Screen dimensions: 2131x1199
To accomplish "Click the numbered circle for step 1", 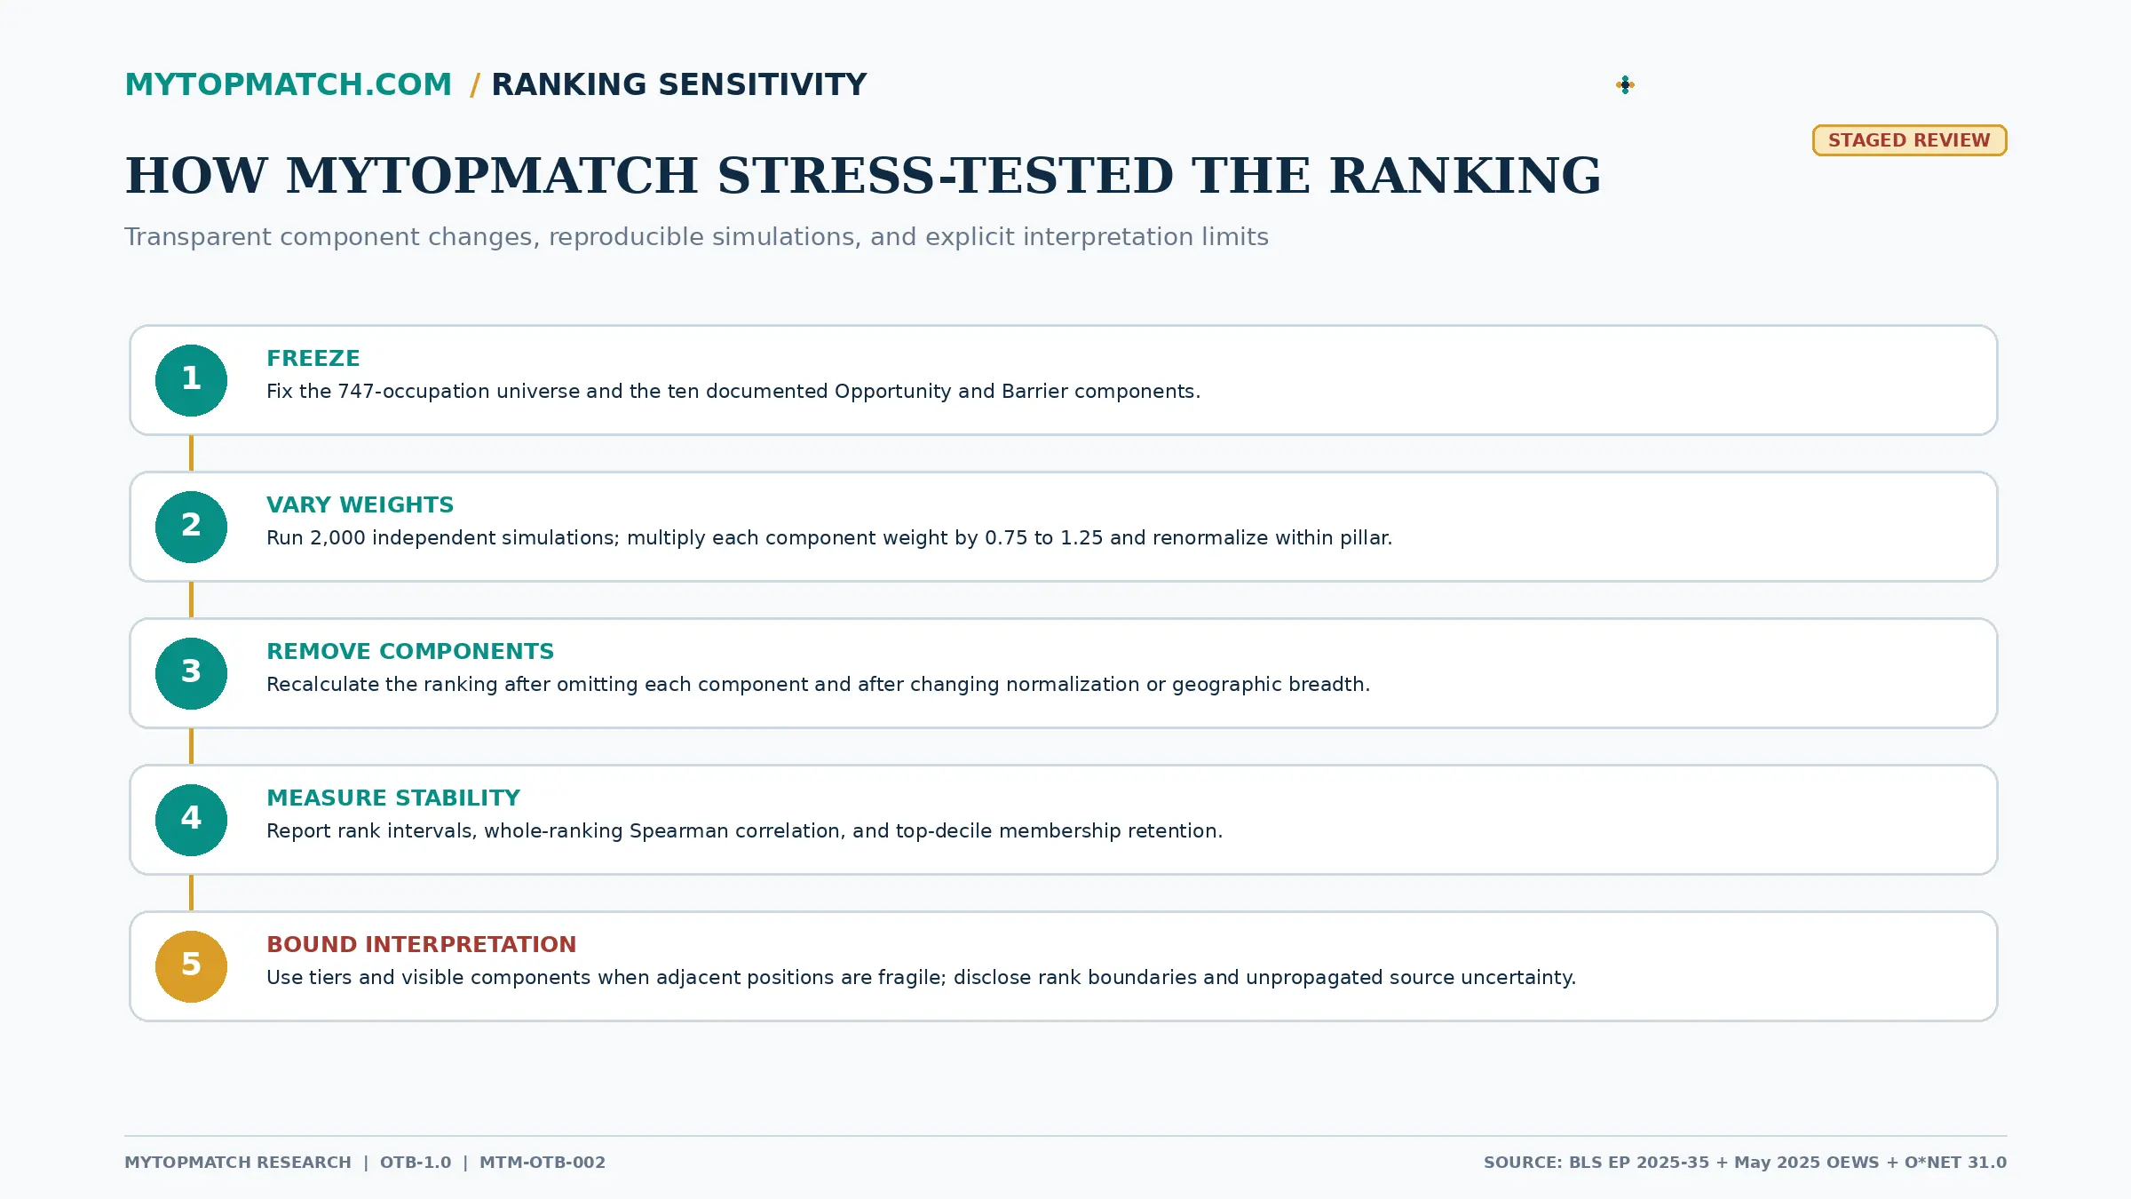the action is [191, 380].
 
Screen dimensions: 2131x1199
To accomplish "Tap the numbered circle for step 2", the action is [191, 527].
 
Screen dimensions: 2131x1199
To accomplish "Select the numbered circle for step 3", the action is [191, 673].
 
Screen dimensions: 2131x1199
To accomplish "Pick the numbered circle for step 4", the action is [191, 820].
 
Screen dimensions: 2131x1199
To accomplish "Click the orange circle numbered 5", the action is [191, 966].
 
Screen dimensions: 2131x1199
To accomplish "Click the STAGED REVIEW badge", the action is [1909, 140].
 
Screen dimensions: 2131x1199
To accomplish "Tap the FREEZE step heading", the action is [313, 358].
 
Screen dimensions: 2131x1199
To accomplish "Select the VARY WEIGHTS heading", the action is [360, 504].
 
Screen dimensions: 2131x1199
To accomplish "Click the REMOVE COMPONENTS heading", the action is [410, 651].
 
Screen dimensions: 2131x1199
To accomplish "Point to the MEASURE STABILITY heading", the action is [393, 798].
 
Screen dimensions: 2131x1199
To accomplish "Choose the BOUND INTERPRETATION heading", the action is [422, 944].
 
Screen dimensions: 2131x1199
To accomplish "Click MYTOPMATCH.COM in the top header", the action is [289, 84].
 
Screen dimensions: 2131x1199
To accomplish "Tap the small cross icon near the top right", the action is [1625, 84].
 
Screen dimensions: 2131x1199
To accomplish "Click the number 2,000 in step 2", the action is [337, 538].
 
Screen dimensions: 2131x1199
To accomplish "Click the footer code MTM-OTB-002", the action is [543, 1163].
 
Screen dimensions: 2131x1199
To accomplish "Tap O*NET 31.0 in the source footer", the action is [1955, 1163].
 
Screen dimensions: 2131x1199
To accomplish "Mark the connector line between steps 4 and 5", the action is [191, 893].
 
